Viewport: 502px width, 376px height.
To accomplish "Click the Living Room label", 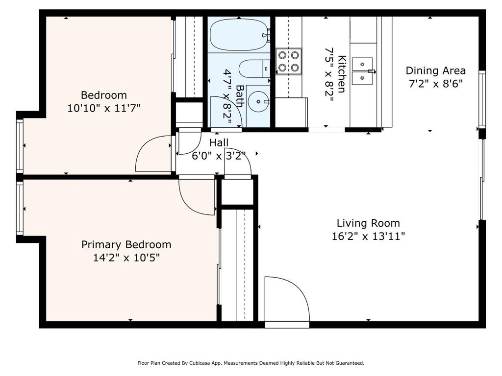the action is click(368, 223).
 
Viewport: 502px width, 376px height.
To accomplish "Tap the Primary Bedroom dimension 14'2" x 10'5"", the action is click(126, 258).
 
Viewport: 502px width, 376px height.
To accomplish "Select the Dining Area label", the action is click(435, 70).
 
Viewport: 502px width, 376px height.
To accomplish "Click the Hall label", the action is click(219, 142).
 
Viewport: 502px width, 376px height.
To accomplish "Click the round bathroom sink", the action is click(259, 102).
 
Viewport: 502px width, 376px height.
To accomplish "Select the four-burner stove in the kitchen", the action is click(289, 61).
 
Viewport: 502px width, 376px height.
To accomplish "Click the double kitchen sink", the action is click(363, 71).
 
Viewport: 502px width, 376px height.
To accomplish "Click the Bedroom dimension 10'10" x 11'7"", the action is click(104, 108).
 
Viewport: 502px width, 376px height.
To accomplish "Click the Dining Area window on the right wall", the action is click(482, 99).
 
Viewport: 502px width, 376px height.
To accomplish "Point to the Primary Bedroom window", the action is click(20, 209).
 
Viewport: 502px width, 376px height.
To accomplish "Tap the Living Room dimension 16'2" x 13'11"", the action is click(368, 236).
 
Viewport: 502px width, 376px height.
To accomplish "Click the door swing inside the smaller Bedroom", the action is click(153, 153).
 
